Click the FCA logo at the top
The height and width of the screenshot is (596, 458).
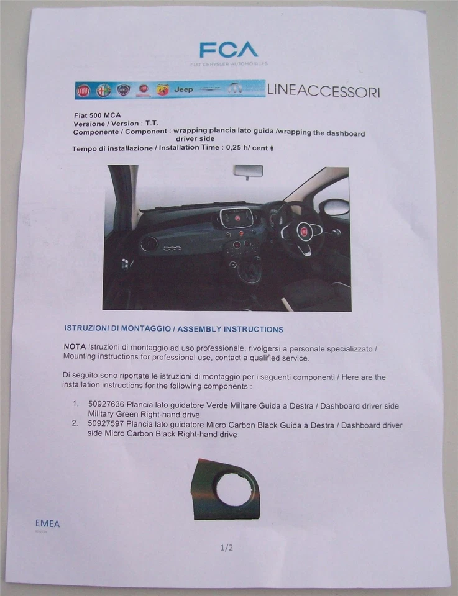(228, 50)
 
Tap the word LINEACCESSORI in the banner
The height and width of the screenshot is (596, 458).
(323, 91)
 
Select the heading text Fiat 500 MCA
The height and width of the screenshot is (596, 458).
(98, 115)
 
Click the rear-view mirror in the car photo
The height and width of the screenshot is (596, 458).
(248, 171)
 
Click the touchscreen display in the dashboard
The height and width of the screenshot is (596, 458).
(236, 218)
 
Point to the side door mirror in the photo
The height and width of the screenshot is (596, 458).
(336, 207)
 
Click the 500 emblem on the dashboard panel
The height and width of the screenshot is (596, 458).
(172, 247)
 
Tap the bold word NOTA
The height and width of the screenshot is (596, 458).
(75, 347)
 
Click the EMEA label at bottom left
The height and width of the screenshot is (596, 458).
(47, 524)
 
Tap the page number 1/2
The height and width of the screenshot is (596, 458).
(226, 548)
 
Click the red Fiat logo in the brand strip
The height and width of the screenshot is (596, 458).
(83, 91)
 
